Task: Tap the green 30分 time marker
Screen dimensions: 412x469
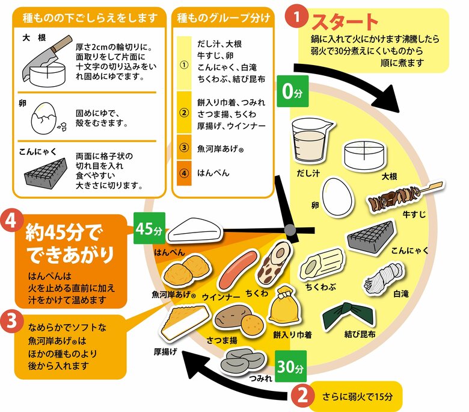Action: click(292, 365)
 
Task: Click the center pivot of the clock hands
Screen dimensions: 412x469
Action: click(290, 229)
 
